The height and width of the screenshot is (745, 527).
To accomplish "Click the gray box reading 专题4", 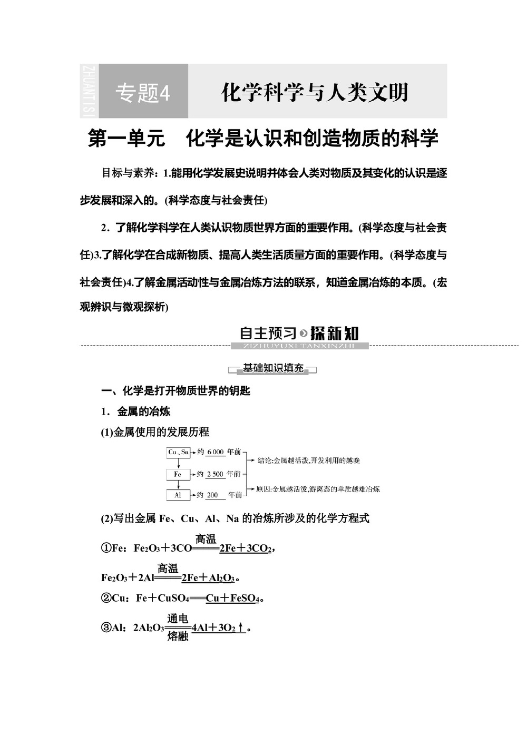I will pyautogui.click(x=143, y=92).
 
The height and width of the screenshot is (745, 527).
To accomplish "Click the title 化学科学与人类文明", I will pyautogui.click(x=315, y=92).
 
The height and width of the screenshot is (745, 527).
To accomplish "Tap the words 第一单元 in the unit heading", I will pyautogui.click(x=126, y=139).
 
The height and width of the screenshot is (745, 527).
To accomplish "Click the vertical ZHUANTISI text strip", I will pyautogui.click(x=89, y=91).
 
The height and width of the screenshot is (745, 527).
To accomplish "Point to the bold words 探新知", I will pyautogui.click(x=335, y=333).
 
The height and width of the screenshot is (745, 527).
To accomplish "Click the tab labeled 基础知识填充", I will pyautogui.click(x=273, y=368).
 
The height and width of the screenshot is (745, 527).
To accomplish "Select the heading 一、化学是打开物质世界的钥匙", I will pyautogui.click(x=175, y=391).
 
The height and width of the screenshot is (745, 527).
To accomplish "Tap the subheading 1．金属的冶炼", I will pyautogui.click(x=136, y=411).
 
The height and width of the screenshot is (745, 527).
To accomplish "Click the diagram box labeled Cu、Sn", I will pyautogui.click(x=178, y=452).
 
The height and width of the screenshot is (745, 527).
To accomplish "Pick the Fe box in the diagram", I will pyautogui.click(x=178, y=474).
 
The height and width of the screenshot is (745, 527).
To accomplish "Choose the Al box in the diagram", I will pyautogui.click(x=178, y=495).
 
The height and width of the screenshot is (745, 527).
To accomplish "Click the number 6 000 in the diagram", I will pyautogui.click(x=216, y=452).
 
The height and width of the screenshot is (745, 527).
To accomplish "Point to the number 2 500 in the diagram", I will pyautogui.click(x=215, y=474).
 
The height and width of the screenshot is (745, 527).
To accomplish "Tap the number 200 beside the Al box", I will pyautogui.click(x=212, y=495).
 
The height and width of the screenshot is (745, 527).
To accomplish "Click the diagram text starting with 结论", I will pyautogui.click(x=308, y=460).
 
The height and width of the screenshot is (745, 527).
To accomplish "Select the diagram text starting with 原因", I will pyautogui.click(x=318, y=489).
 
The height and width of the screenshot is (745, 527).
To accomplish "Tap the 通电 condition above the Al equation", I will pyautogui.click(x=178, y=619).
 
